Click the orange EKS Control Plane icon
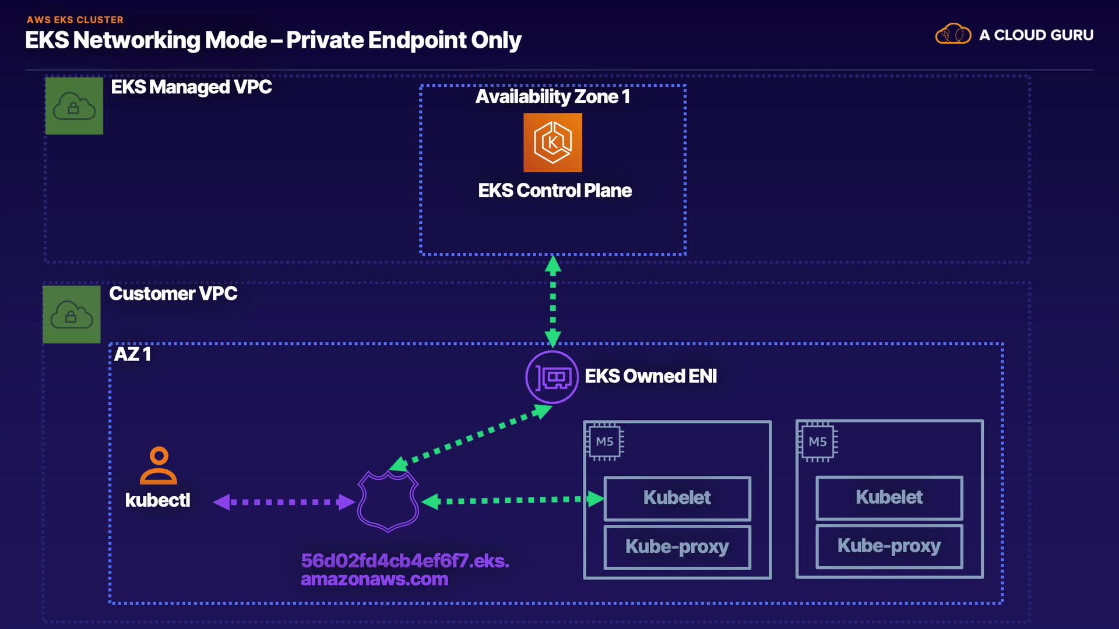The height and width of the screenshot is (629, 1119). coord(553,143)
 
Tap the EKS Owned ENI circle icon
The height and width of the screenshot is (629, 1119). coord(552,377)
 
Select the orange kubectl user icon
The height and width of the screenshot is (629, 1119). coord(159,465)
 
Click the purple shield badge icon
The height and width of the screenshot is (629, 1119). coord(388,501)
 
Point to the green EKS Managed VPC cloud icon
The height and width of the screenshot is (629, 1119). coord(75,106)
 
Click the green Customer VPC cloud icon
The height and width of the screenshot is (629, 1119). coord(72,314)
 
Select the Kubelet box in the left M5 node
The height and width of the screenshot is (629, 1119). coord(677,498)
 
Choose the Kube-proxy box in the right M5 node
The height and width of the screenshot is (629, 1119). coord(889,546)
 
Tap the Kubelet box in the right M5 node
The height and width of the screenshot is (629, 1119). coord(889,497)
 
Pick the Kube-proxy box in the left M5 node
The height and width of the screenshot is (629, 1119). coord(677,547)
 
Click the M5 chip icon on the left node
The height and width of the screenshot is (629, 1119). coord(605,441)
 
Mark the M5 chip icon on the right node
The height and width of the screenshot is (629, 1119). coord(818,442)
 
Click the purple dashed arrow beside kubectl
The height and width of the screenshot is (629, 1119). coord(284,501)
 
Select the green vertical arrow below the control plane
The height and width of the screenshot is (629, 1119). coord(553,302)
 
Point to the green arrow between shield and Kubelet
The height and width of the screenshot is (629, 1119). coord(513,500)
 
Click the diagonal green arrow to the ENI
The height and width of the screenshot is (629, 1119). coord(471,437)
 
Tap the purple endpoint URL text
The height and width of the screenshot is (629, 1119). coord(405,570)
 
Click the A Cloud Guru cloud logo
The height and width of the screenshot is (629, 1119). coord(953,34)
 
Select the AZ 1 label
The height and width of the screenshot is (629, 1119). coord(132,354)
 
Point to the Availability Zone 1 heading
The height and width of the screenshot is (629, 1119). coord(553,97)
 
